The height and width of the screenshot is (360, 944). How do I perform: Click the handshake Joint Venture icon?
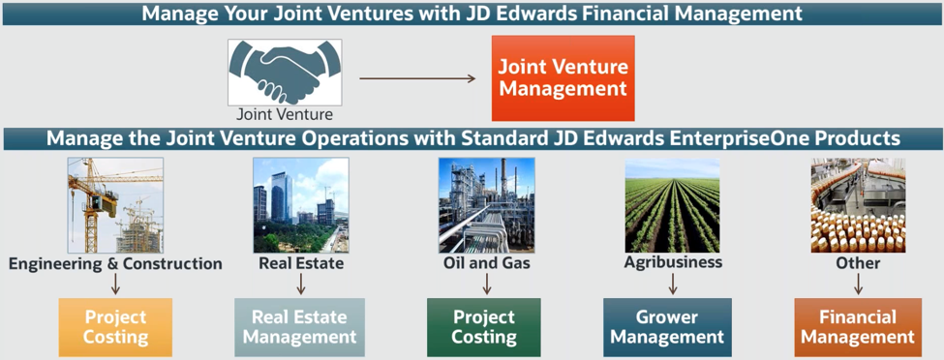[x=285, y=72]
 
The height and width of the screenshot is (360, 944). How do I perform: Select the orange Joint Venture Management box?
[x=563, y=78]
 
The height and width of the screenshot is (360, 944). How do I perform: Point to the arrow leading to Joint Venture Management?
[x=417, y=78]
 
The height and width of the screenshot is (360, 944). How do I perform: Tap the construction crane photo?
[x=115, y=205]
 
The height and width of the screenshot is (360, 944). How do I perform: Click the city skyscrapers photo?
[x=300, y=205]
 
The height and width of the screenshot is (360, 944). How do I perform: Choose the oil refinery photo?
[x=486, y=205]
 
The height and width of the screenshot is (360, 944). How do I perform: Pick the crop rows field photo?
[x=672, y=205]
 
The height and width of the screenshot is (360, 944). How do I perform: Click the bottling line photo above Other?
[x=858, y=205]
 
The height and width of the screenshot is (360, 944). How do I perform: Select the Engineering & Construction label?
[x=115, y=263]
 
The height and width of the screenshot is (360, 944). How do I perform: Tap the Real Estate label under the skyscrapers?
[x=301, y=262]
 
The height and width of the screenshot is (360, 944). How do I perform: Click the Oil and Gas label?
[x=486, y=262]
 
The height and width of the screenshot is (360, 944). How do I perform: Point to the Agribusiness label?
[x=673, y=261]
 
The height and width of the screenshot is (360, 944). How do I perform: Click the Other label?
[x=858, y=262]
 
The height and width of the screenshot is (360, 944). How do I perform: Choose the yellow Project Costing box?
[x=115, y=326]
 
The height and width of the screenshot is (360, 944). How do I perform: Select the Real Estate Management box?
[x=300, y=326]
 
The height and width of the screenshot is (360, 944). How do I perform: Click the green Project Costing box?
[x=484, y=326]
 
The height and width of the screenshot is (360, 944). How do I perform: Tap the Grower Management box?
[x=667, y=326]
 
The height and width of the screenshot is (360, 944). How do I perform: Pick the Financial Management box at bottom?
[x=857, y=326]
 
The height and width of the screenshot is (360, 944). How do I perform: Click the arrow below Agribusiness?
[x=672, y=283]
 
